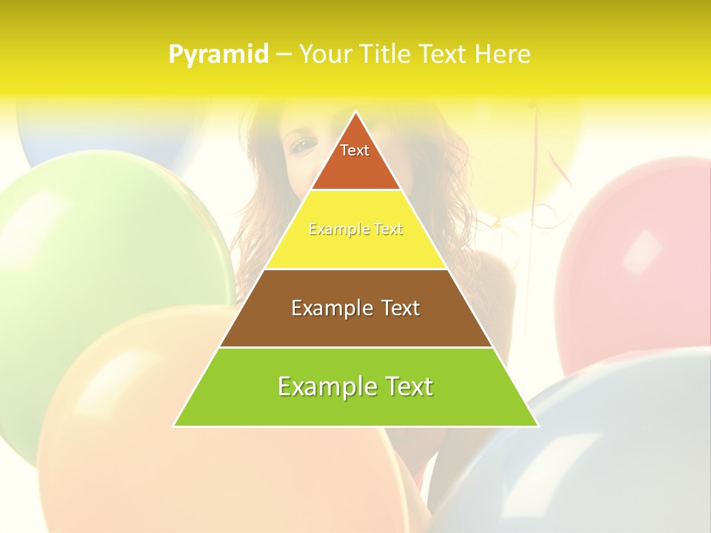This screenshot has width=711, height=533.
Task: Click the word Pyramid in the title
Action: click(218, 55)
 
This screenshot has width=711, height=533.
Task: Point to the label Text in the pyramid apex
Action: click(355, 150)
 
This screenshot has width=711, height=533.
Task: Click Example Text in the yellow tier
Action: click(355, 229)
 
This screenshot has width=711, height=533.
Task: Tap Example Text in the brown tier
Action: click(355, 308)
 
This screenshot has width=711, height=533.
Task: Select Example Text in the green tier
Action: click(355, 386)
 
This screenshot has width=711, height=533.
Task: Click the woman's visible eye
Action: click(301, 146)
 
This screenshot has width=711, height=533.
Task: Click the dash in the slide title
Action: click(284, 55)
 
